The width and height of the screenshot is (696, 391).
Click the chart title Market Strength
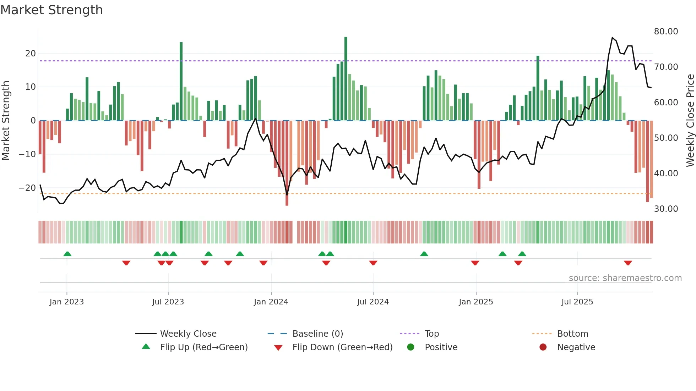[51, 10]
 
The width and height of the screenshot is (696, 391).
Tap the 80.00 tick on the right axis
[666, 32]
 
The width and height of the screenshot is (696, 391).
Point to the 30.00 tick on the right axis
[666, 209]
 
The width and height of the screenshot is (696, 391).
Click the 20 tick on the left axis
[31, 54]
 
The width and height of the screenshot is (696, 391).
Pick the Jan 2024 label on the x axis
[271, 302]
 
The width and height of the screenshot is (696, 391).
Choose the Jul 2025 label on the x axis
[577, 302]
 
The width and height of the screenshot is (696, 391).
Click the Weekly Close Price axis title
[690, 121]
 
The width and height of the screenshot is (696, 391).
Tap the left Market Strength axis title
[6, 121]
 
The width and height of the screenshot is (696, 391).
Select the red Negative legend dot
[543, 347]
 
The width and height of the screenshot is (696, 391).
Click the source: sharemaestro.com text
[625, 278]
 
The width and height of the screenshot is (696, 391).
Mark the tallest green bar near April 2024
[346, 78]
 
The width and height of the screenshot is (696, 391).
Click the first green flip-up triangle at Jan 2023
[67, 254]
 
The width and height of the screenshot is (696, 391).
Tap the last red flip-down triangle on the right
[628, 263]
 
